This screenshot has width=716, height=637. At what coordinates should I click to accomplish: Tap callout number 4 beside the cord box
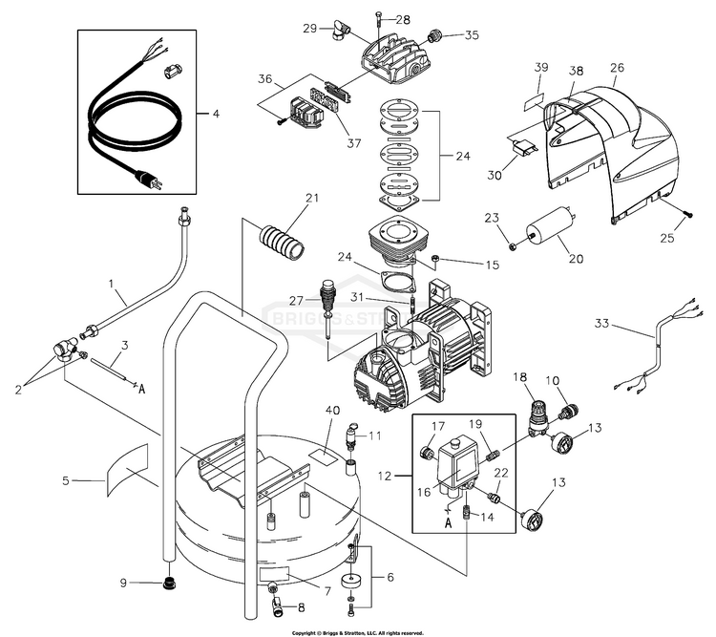point(215,115)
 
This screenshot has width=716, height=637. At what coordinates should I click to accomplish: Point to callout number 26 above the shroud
point(617,68)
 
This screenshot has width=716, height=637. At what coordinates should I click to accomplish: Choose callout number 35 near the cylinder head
point(472,35)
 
